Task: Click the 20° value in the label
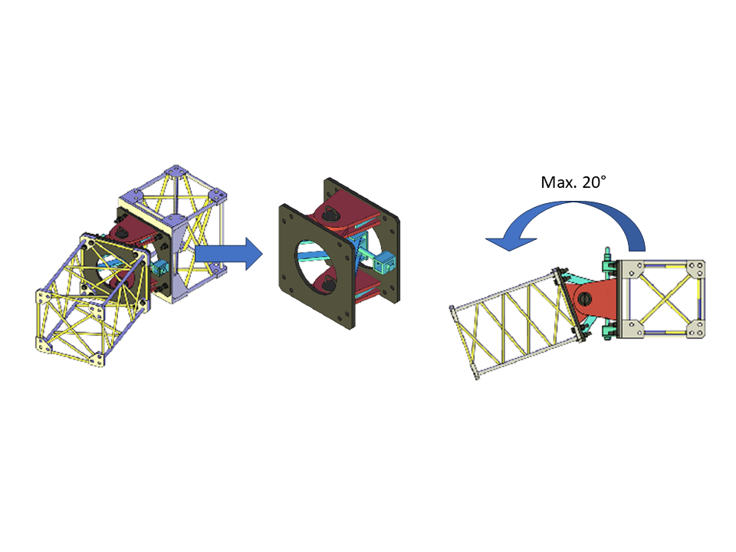(x=593, y=182)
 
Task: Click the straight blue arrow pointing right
(x=228, y=254)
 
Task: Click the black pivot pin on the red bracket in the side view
(x=585, y=297)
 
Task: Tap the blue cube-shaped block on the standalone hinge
(x=386, y=261)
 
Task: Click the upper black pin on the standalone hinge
(x=329, y=214)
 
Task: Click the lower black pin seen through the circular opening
(x=327, y=283)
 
